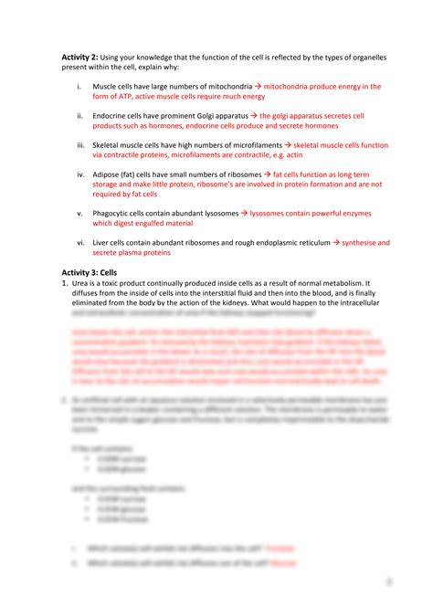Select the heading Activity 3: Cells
[x=96, y=274]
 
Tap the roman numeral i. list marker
[x=79, y=87]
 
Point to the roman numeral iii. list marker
[x=80, y=145]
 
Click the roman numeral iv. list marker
[x=80, y=174]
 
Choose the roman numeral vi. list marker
[x=80, y=243]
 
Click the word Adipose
[x=112, y=174]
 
